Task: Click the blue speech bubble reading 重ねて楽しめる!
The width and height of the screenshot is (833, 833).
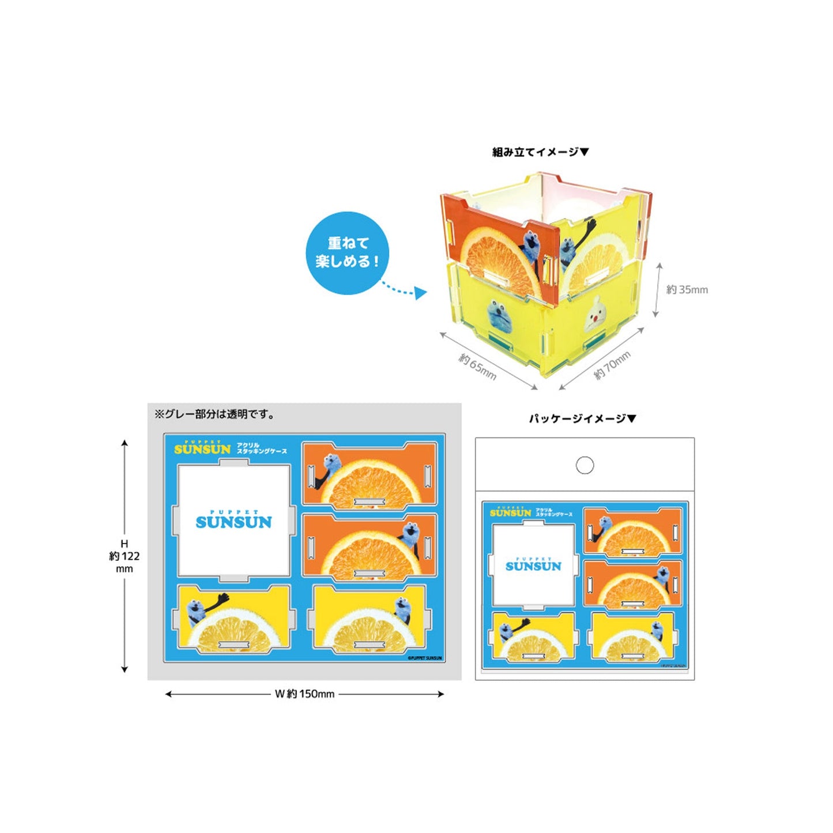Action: coord(347,253)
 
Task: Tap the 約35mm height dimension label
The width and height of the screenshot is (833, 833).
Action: coord(687,289)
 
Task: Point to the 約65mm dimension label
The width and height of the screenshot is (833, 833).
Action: coord(477,366)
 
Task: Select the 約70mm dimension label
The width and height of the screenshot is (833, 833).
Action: coord(612,365)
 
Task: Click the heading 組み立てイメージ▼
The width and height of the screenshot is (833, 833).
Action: coord(540,152)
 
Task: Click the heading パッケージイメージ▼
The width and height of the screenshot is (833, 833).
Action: coord(582,419)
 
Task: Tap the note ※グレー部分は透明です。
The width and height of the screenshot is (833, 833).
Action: coord(215,414)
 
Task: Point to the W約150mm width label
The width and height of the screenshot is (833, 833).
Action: coord(304,694)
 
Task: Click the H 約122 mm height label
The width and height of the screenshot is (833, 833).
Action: coord(124,556)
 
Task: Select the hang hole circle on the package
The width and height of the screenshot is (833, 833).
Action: coord(585,465)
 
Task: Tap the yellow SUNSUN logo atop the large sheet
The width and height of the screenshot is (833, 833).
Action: coord(202,448)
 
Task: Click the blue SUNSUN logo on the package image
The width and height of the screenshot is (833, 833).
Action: coord(533,565)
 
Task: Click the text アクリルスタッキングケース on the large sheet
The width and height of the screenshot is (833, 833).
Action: coord(261,448)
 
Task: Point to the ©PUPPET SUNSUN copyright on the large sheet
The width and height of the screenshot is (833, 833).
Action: coord(425,657)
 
